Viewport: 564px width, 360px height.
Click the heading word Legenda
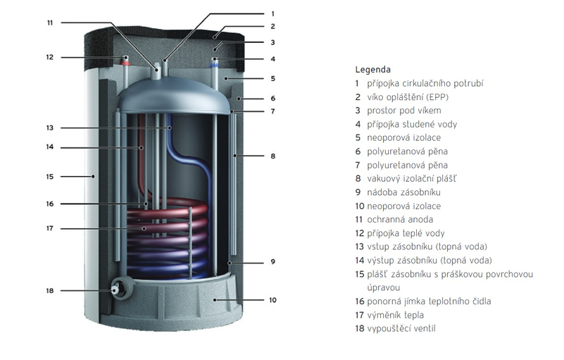372,70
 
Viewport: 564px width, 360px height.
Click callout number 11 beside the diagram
50,23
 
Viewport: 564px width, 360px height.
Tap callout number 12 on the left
50,57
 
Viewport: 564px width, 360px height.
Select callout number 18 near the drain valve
50,290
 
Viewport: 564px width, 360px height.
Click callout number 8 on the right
272,156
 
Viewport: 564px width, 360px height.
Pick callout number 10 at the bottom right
272,300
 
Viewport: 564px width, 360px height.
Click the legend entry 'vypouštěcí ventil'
402,328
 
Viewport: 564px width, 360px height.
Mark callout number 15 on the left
50,176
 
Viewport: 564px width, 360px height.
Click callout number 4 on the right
272,59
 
